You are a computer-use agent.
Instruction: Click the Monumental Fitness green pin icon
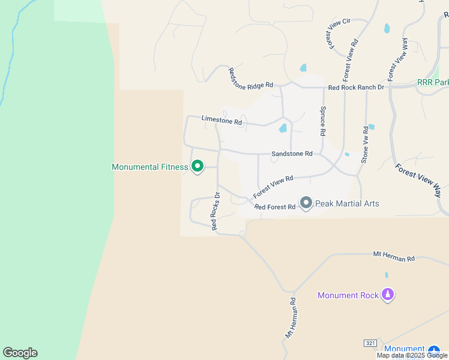click(197, 167)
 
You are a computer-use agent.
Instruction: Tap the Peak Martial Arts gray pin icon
click(306, 203)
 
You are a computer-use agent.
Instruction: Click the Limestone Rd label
click(221, 120)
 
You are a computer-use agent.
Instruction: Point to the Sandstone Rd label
click(292, 154)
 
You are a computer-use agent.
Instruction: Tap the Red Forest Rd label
click(275, 207)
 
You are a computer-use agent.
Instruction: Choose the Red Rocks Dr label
click(215, 211)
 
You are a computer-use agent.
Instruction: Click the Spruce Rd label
click(322, 121)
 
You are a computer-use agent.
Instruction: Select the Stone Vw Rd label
click(364, 145)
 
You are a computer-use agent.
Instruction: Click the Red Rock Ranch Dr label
click(356, 88)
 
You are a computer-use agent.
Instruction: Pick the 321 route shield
click(370, 343)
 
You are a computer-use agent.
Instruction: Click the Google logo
click(20, 353)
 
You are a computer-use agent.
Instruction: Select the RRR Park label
click(433, 82)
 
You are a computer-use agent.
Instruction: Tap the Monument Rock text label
click(348, 295)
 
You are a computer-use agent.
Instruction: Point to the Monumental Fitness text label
click(150, 167)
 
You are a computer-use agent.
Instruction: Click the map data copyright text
click(412, 355)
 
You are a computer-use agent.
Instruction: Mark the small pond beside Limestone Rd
click(283, 128)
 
